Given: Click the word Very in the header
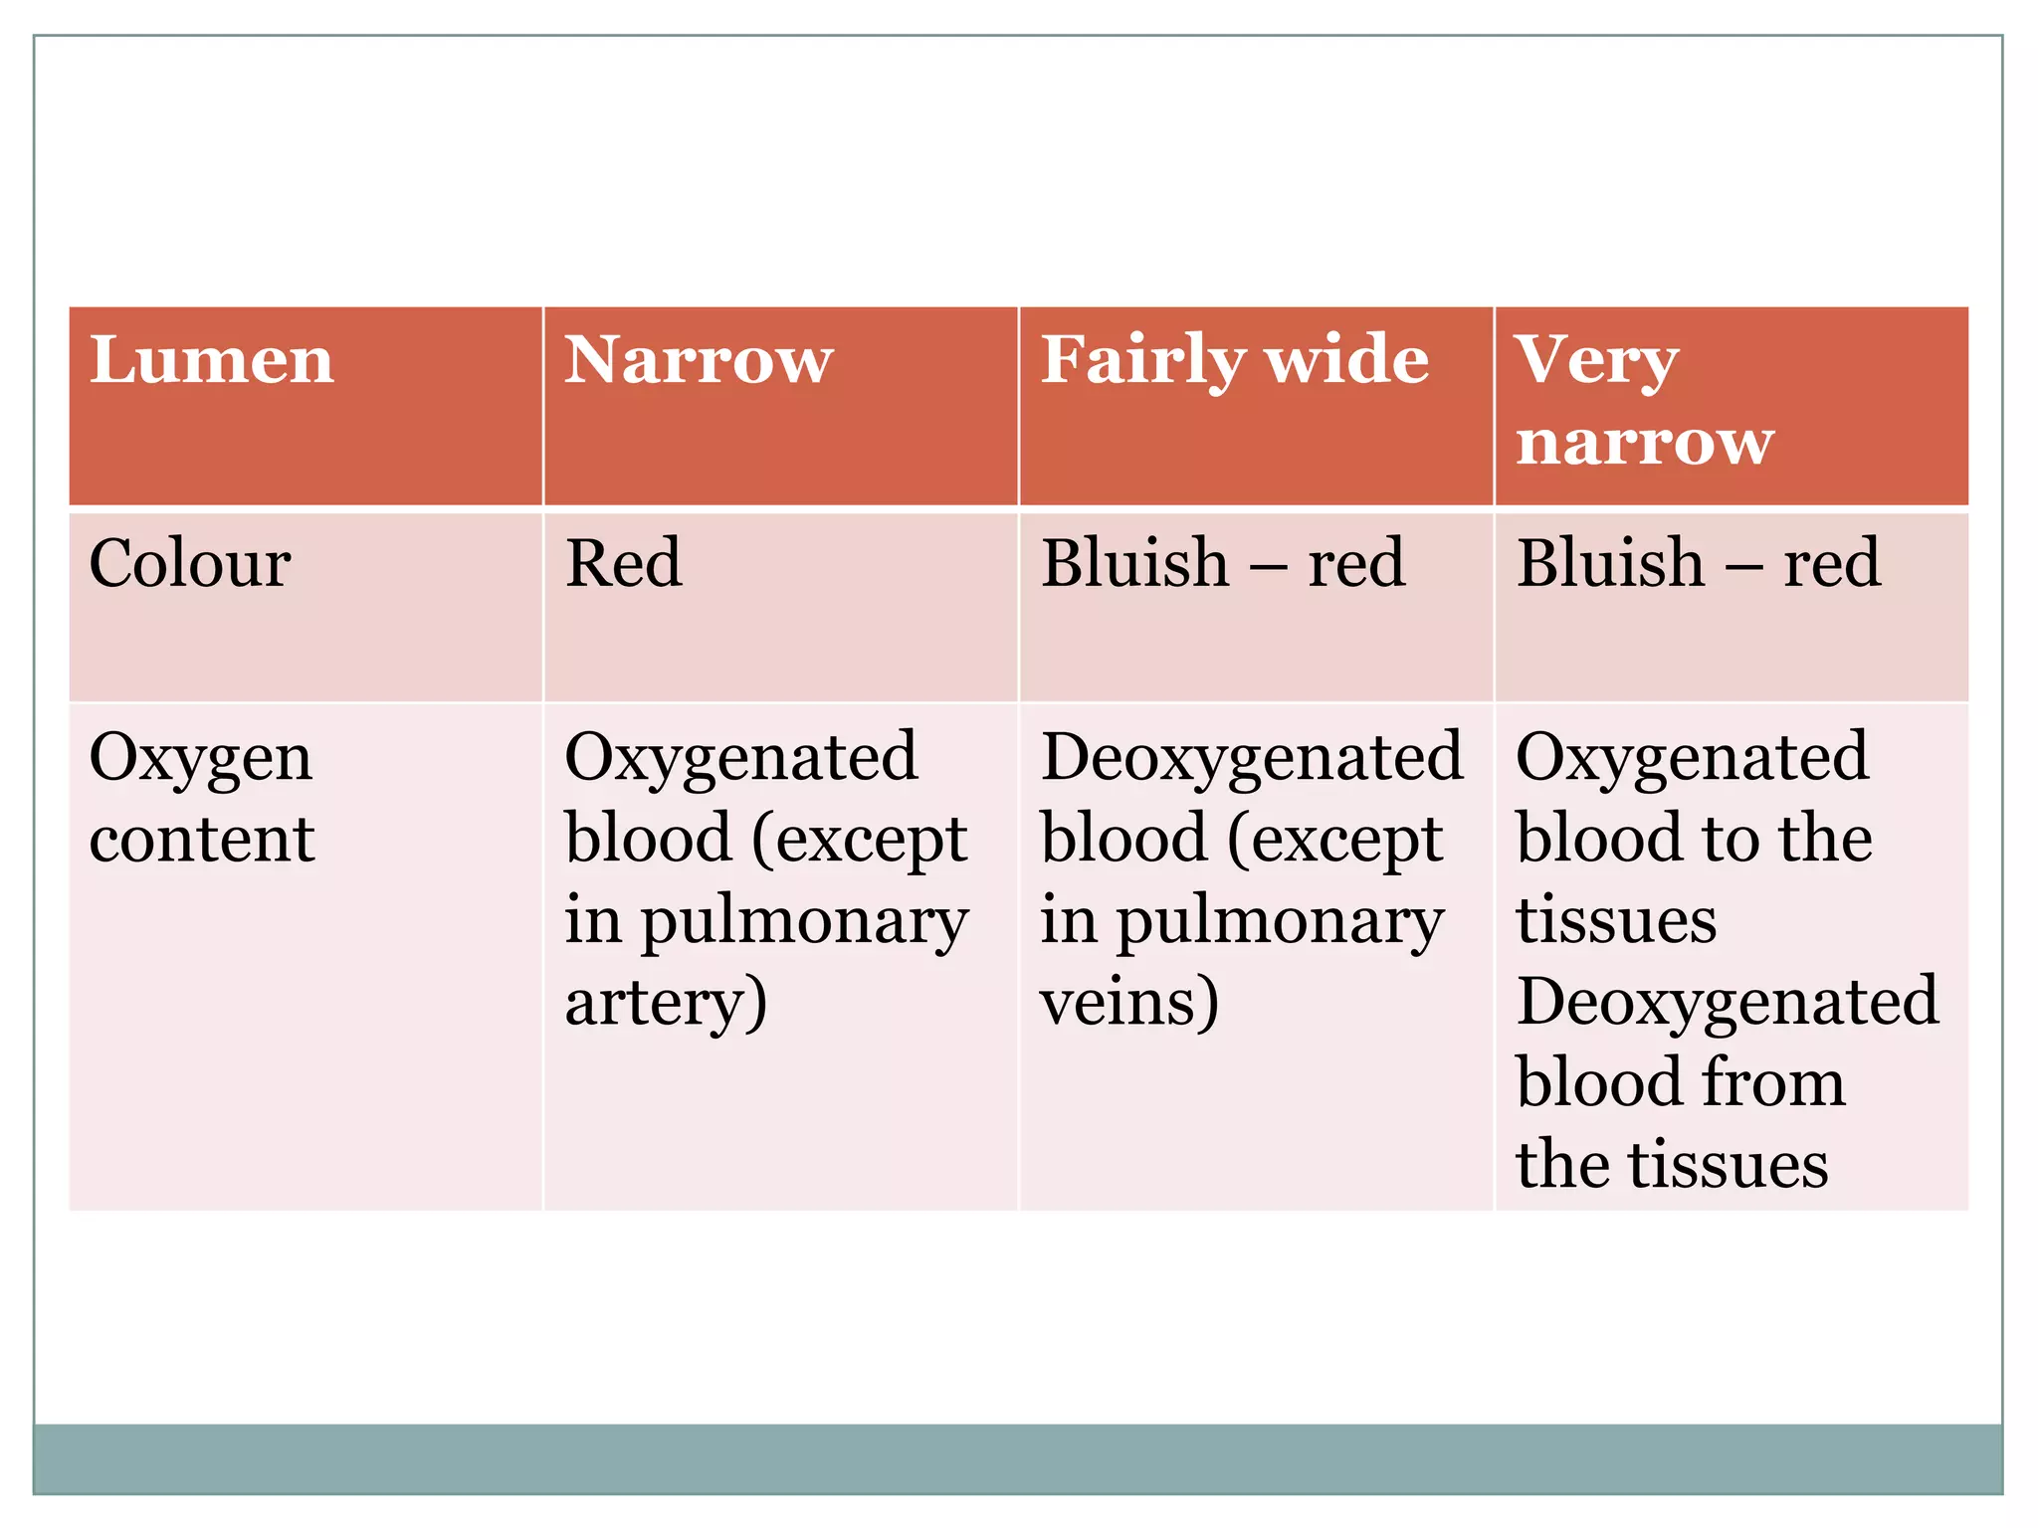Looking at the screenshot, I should [1596, 361].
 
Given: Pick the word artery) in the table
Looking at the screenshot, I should [666, 1003].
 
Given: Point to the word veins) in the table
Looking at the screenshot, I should [1128, 1003].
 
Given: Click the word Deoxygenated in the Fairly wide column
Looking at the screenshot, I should [1252, 758].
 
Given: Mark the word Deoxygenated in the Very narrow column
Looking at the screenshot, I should [1728, 1003].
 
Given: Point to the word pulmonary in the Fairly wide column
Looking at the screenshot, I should [1280, 923].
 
